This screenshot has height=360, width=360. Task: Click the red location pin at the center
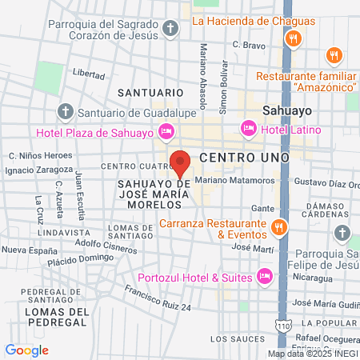click(181, 162)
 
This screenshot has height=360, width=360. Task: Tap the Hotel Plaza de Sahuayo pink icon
click(166, 130)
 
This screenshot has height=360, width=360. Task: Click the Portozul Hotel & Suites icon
click(266, 277)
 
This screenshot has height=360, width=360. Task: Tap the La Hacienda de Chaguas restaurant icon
click(295, 38)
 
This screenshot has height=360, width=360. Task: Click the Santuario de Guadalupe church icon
click(65, 111)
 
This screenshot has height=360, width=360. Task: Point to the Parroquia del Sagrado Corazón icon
click(170, 30)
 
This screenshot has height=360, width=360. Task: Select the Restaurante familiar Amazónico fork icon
click(334, 55)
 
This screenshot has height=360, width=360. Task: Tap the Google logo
click(26, 350)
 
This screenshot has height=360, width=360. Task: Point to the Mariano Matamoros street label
click(229, 181)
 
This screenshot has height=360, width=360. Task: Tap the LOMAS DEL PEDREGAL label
click(55, 316)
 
